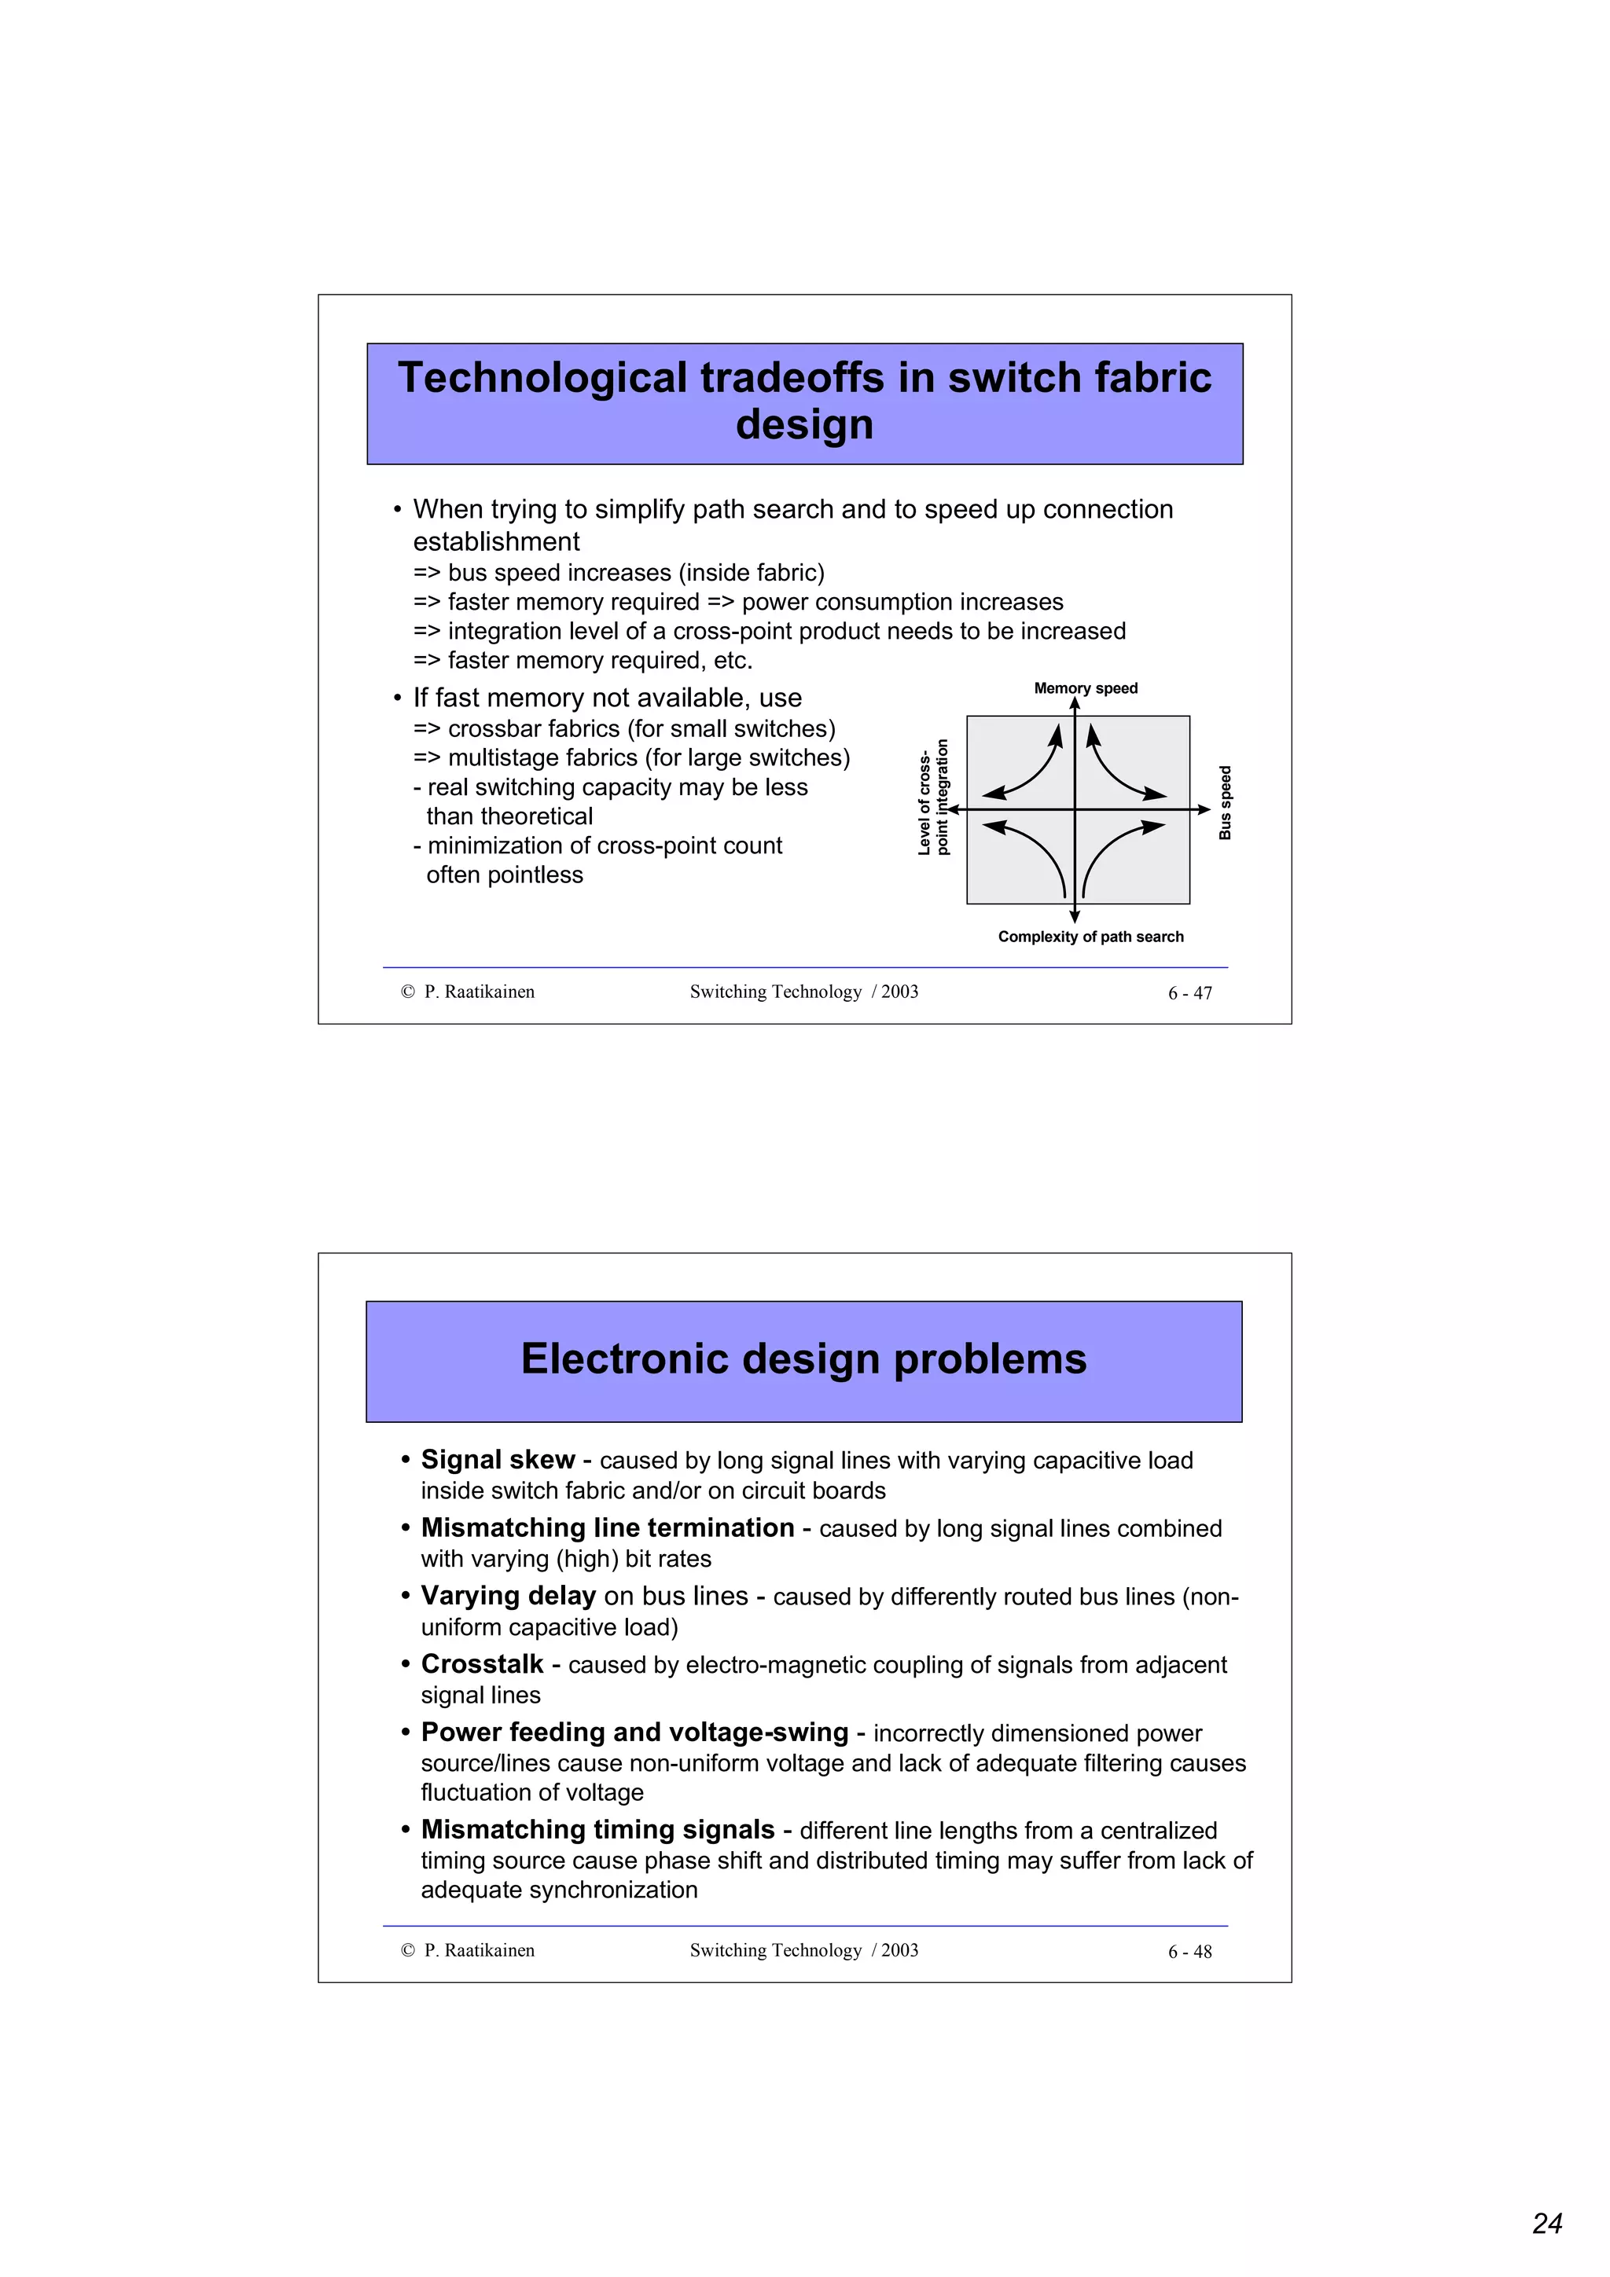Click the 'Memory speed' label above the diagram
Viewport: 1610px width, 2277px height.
pos(1085,688)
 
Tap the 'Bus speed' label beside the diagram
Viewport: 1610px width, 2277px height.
pos(1225,802)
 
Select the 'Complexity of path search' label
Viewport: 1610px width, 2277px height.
pos(1090,937)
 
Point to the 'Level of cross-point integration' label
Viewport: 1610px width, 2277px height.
pos(932,797)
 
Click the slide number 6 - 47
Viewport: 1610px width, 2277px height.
pos(1189,992)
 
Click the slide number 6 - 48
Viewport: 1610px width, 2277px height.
pos(1189,1952)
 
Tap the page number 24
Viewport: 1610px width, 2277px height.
pos(1546,2224)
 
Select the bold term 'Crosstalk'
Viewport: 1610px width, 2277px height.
pos(482,1664)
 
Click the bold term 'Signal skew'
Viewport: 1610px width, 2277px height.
pos(498,1460)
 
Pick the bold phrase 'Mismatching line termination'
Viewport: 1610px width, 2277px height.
pos(607,1527)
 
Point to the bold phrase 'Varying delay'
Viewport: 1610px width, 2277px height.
pos(508,1596)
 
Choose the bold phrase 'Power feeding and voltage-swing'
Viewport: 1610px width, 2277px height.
pos(634,1732)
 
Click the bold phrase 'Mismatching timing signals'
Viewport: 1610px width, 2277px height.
pos(597,1828)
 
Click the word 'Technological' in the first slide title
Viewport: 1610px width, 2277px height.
pos(542,378)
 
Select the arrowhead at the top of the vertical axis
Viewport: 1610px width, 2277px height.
pos(1075,703)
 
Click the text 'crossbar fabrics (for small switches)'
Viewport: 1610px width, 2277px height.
pos(641,729)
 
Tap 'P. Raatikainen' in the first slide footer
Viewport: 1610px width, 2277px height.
pos(479,992)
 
